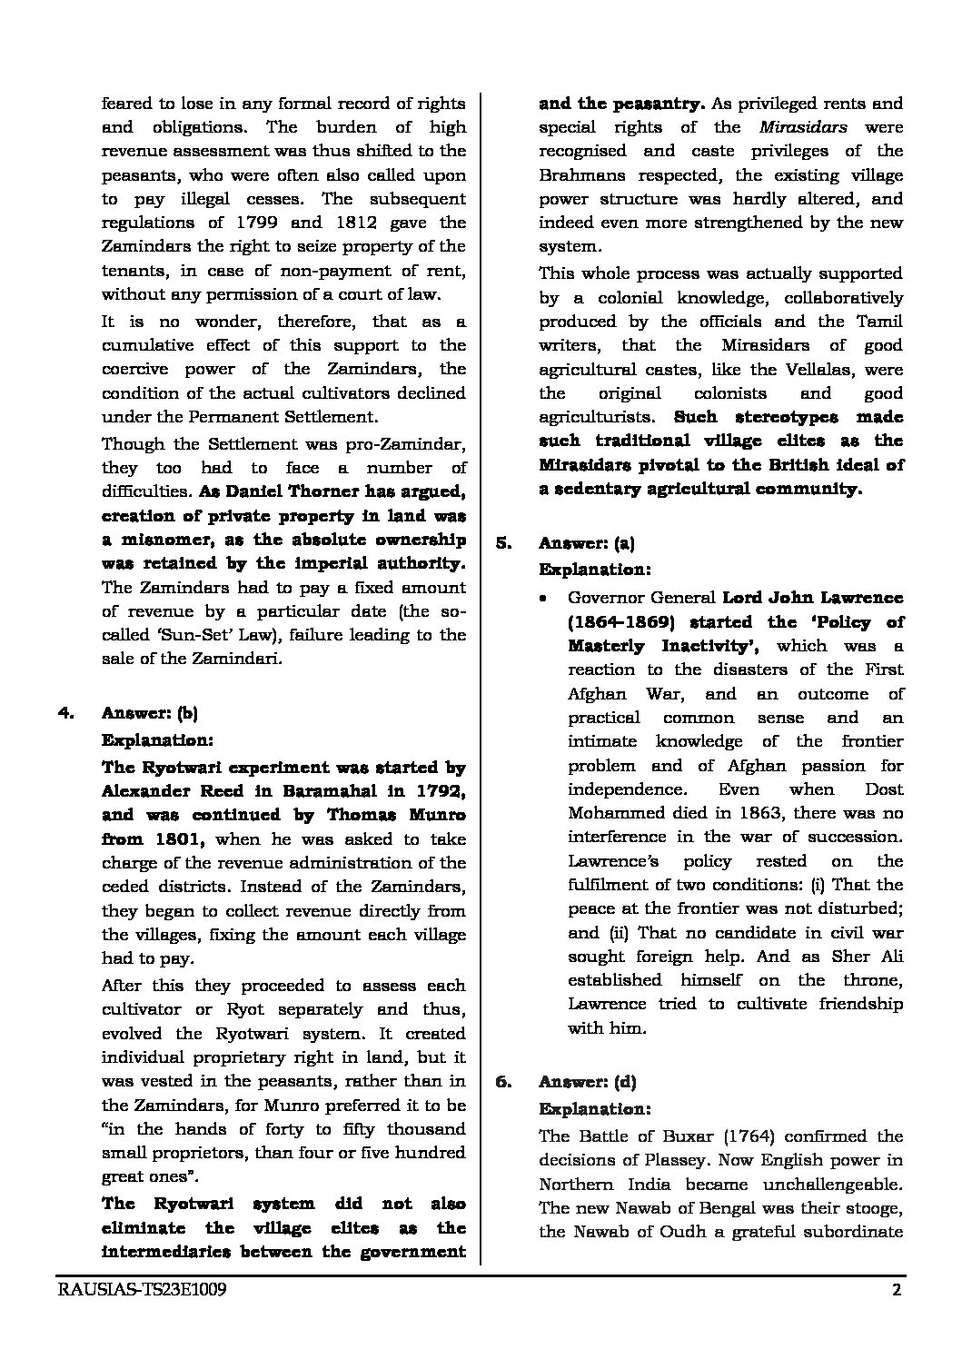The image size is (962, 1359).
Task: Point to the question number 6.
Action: click(x=503, y=1082)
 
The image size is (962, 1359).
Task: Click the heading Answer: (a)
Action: click(x=587, y=544)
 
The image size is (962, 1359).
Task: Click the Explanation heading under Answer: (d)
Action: click(x=595, y=1109)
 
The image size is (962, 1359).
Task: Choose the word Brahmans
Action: click(x=583, y=175)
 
